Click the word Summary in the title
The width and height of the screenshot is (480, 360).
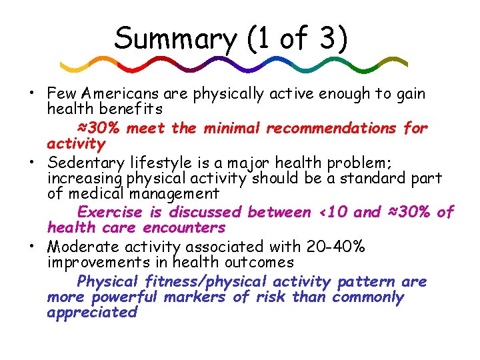175,39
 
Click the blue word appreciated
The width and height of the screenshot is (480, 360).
92,312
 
